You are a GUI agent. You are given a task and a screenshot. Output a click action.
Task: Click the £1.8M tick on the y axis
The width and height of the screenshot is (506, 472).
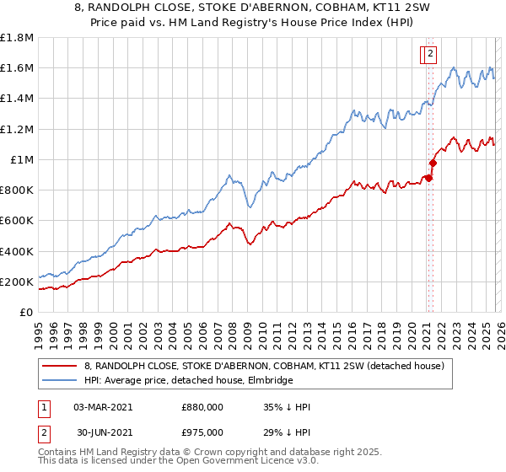click(x=16, y=38)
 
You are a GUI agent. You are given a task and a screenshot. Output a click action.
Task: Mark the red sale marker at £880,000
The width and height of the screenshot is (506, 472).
click(x=428, y=178)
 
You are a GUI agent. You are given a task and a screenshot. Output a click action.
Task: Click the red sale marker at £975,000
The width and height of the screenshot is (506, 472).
click(x=433, y=164)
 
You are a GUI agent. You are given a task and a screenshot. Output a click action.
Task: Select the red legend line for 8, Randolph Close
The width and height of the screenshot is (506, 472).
click(x=60, y=367)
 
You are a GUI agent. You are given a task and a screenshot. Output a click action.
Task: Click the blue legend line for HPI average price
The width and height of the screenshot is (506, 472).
click(x=60, y=381)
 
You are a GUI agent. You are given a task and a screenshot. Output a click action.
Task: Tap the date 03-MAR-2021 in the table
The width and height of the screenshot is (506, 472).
click(x=103, y=407)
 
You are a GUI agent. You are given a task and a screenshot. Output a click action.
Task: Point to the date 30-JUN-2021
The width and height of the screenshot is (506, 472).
click(x=103, y=432)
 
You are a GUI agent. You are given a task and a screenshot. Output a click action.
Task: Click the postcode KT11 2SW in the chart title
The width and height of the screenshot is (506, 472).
click(x=369, y=8)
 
